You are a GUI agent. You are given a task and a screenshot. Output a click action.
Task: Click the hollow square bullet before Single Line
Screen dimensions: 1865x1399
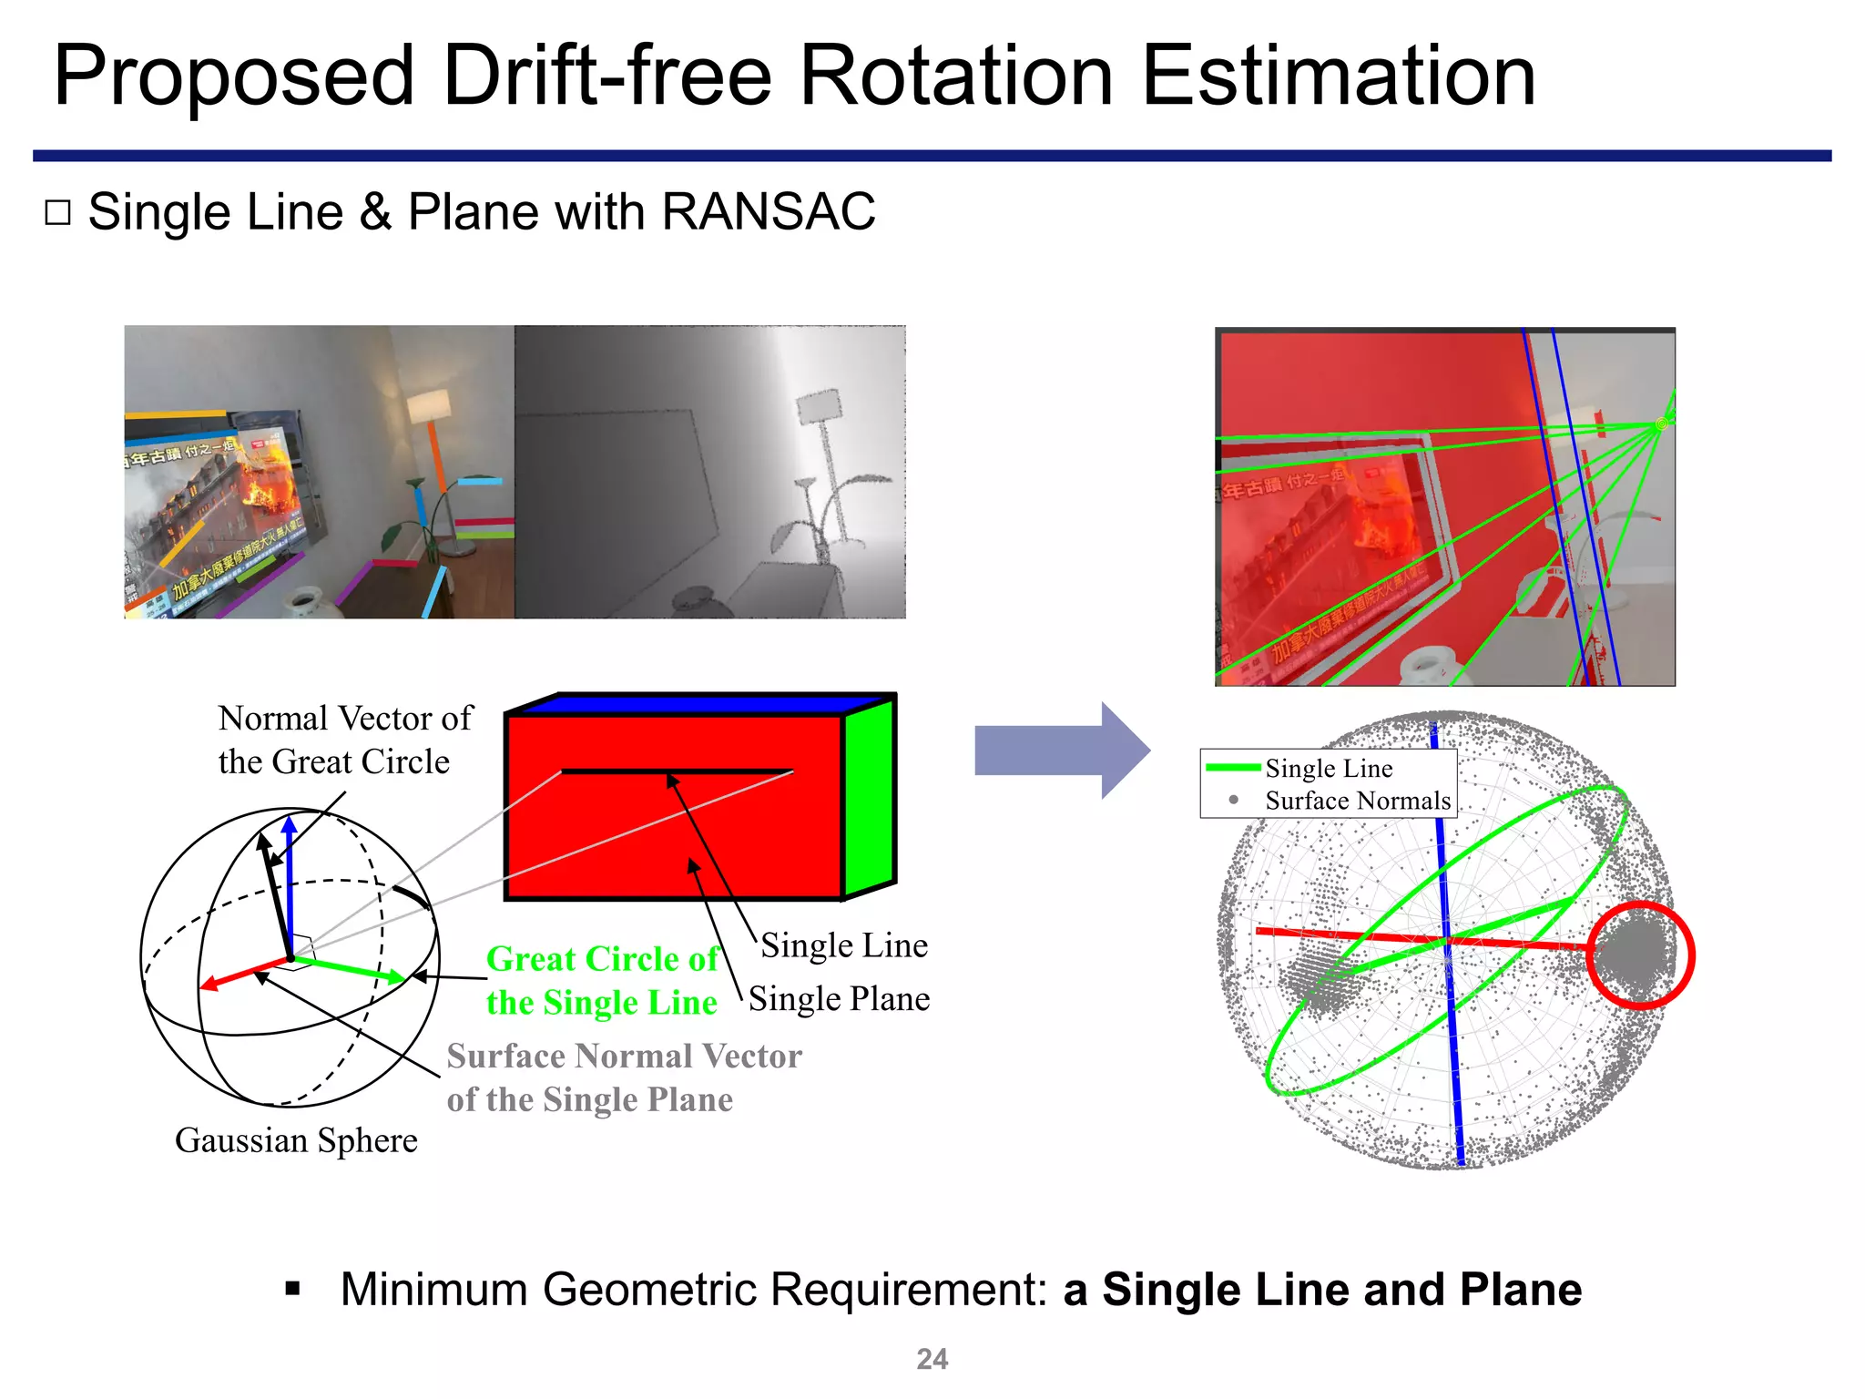click(x=57, y=213)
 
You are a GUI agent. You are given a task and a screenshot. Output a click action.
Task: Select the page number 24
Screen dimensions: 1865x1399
click(x=932, y=1359)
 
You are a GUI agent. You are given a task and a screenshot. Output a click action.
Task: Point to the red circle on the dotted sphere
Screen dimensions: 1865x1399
click(x=1640, y=955)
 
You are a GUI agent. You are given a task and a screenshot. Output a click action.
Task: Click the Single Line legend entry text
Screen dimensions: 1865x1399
click(x=1328, y=769)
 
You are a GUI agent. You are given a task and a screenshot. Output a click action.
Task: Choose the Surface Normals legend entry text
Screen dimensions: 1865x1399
click(x=1357, y=801)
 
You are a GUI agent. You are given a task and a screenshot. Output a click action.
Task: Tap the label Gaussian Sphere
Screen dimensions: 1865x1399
click(x=296, y=1140)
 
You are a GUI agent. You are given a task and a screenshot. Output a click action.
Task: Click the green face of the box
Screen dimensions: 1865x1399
click(x=870, y=797)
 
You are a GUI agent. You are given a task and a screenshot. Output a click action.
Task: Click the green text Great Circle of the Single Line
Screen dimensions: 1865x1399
click(x=602, y=981)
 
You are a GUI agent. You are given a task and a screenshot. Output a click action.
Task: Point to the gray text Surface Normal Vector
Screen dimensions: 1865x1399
click(x=624, y=1057)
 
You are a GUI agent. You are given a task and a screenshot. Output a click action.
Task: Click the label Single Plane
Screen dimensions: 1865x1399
click(x=839, y=999)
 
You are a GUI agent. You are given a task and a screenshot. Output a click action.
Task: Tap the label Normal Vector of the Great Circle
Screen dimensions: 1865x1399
click(x=344, y=740)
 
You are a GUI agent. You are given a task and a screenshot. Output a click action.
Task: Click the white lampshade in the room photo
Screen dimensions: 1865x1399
click(x=429, y=406)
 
